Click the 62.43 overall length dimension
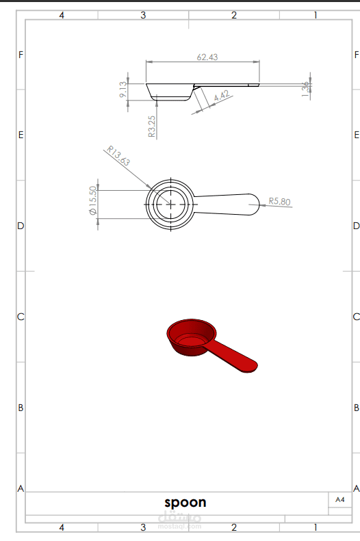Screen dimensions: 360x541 207,57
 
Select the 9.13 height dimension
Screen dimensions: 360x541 123,90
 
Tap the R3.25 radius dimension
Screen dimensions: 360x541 152,127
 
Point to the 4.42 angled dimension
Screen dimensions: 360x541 222,96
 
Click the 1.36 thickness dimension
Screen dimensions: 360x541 305,89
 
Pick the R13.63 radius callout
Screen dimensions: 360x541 118,156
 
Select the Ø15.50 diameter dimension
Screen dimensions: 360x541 93,200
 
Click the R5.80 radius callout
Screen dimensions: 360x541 279,201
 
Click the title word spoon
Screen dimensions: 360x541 185,503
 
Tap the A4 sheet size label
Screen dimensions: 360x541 340,499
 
